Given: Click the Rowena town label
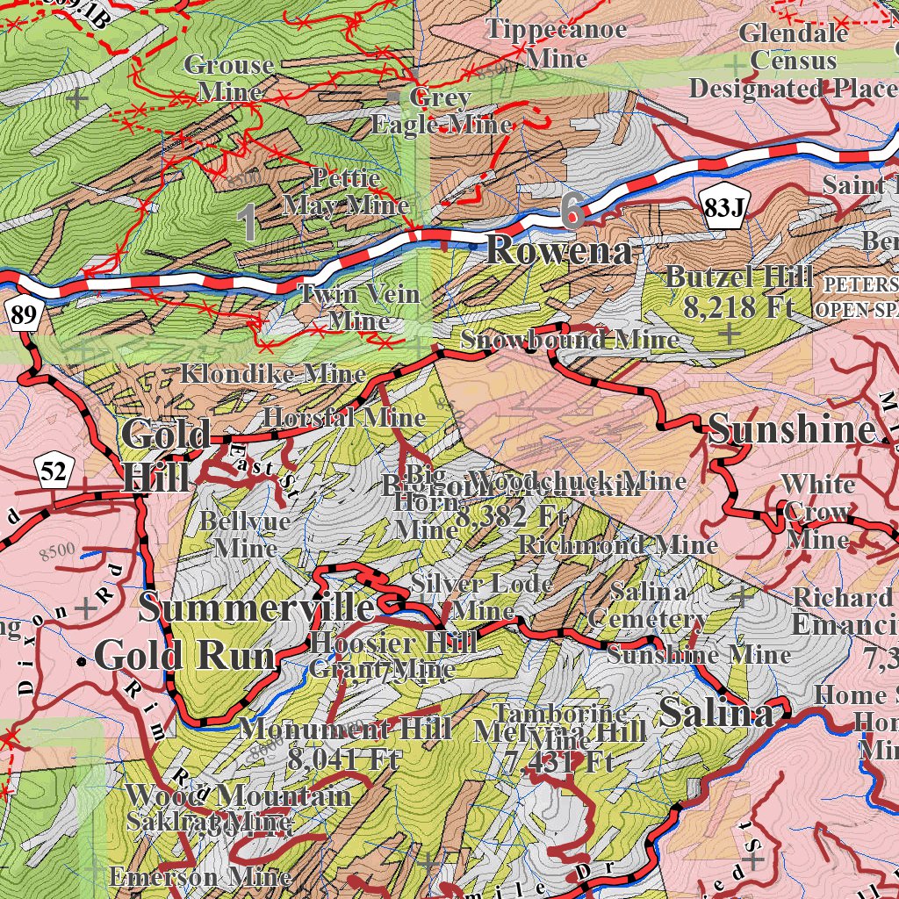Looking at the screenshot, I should pyautogui.click(x=558, y=251).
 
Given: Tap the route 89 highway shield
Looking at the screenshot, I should pyautogui.click(x=24, y=314).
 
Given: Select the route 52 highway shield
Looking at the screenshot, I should pyautogui.click(x=53, y=472).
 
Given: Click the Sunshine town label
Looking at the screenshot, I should pyautogui.click(x=792, y=429).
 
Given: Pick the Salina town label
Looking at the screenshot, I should pyautogui.click(x=716, y=712).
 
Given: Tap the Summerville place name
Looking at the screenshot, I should pyautogui.click(x=256, y=608).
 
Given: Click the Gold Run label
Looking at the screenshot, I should pyautogui.click(x=184, y=655).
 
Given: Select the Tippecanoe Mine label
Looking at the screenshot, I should pyautogui.click(x=557, y=44).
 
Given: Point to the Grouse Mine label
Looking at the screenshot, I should pyautogui.click(x=229, y=78).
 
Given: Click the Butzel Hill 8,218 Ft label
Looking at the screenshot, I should pyautogui.click(x=738, y=291).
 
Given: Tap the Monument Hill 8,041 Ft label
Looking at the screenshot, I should pyautogui.click(x=345, y=743).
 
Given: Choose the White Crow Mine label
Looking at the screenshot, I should pyautogui.click(x=817, y=511).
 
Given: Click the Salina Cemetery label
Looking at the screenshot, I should pyautogui.click(x=649, y=605).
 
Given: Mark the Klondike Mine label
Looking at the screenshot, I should pyautogui.click(x=272, y=373).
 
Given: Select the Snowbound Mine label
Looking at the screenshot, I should pyautogui.click(x=570, y=339).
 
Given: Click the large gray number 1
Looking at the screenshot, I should pyautogui.click(x=250, y=223).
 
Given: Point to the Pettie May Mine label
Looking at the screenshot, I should pyautogui.click(x=347, y=191).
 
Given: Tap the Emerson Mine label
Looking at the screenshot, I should pyautogui.click(x=200, y=876).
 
